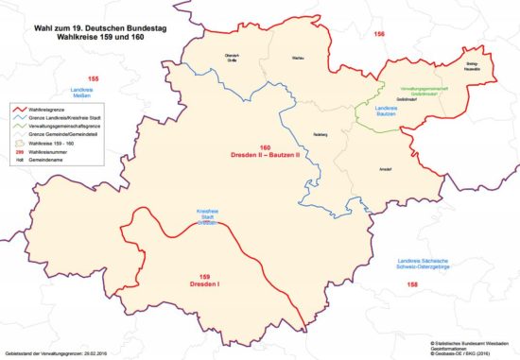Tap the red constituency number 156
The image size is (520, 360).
(379, 34)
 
